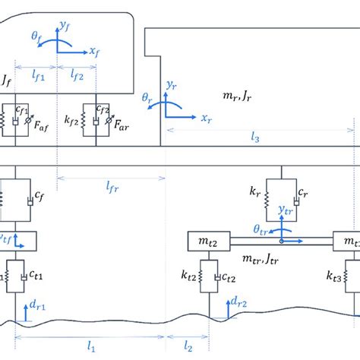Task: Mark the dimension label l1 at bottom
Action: (92, 346)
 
